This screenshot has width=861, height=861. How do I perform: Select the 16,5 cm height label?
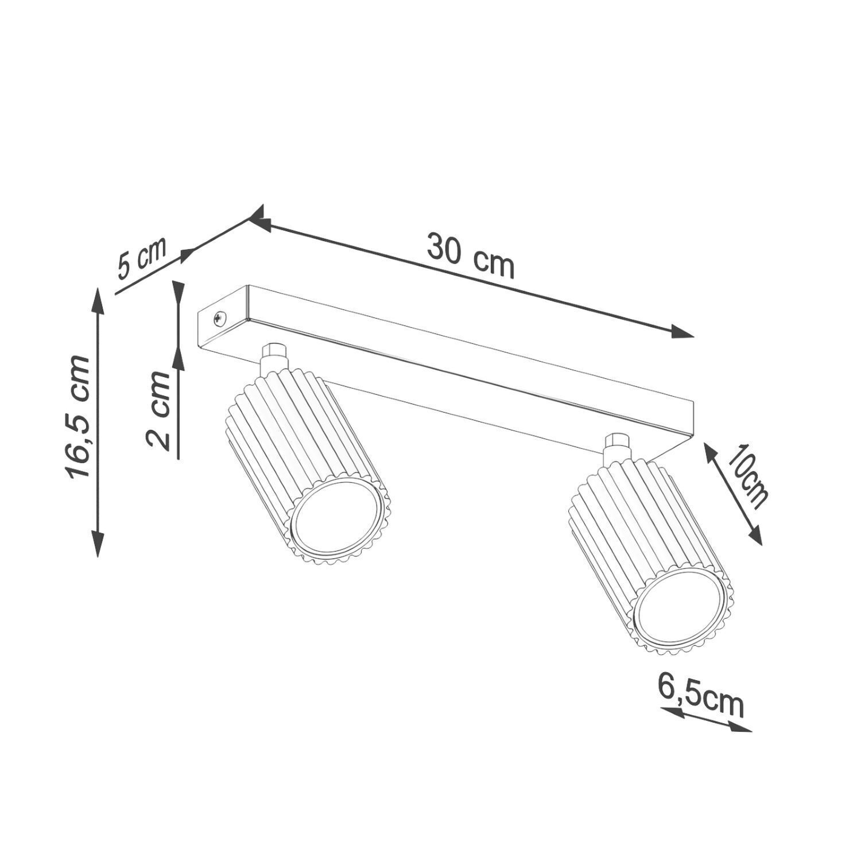[x=77, y=417]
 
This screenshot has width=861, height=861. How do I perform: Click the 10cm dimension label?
[x=747, y=476]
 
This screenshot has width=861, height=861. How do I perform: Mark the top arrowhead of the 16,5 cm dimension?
[x=98, y=302]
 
